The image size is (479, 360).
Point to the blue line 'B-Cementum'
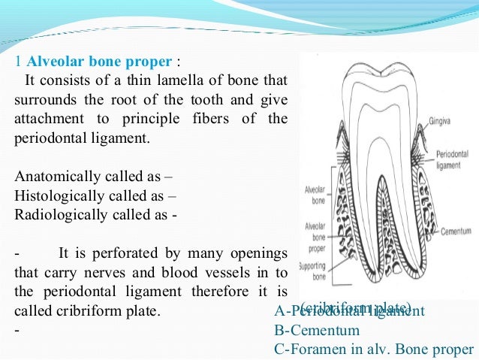318,330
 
